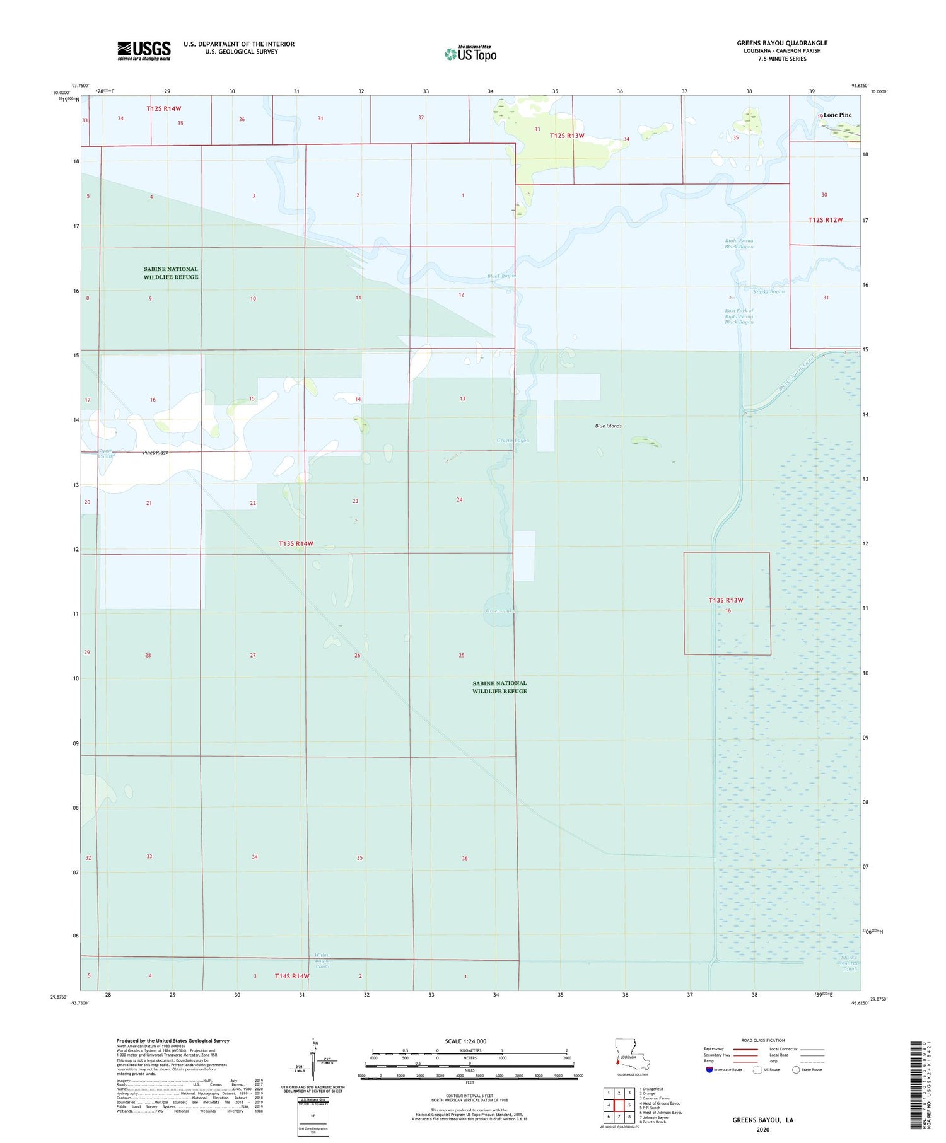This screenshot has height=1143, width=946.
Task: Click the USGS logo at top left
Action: click(144, 50)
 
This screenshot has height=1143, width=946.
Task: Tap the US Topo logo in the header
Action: click(470, 54)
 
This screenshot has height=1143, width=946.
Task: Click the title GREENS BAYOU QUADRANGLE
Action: click(782, 43)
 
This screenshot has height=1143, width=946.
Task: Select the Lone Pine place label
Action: click(837, 115)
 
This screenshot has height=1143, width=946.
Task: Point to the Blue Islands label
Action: click(608, 426)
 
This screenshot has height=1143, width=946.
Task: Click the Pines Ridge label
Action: click(155, 453)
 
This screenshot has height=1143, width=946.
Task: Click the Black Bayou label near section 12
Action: click(501, 276)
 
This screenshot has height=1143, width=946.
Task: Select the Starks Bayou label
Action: click(769, 291)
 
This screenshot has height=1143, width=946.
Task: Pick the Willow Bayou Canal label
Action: click(322, 961)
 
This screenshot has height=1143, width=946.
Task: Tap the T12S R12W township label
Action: click(825, 220)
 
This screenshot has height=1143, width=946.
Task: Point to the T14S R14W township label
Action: click(292, 976)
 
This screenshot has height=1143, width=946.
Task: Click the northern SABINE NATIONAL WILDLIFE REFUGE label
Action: click(171, 273)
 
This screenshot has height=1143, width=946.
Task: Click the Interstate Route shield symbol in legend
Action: click(709, 1070)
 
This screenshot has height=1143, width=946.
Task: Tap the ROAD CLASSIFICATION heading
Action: click(762, 1040)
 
